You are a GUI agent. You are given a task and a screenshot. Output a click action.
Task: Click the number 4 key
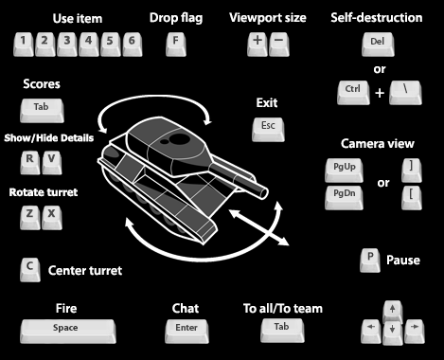click(89, 45)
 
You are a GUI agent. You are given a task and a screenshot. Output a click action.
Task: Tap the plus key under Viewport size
click(258, 45)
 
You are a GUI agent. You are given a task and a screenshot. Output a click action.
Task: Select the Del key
click(378, 45)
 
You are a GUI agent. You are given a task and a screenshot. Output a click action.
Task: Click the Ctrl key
click(353, 93)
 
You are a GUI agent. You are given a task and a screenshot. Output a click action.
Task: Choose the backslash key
click(405, 93)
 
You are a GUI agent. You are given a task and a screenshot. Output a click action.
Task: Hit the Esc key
click(268, 130)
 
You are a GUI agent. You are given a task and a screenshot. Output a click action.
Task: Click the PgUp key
click(344, 171)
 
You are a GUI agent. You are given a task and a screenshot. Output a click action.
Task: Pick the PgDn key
click(344, 198)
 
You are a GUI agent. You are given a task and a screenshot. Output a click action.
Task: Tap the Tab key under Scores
click(42, 111)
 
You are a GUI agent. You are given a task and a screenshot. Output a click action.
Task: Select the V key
click(52, 163)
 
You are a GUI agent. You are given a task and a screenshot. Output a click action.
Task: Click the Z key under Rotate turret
click(30, 217)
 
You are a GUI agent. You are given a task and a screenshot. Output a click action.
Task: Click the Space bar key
click(68, 332)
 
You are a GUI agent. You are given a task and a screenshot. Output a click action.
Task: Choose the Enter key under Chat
click(186, 332)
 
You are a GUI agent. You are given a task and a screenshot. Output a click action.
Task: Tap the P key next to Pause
click(370, 261)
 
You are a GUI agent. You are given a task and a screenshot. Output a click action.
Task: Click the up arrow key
click(393, 312)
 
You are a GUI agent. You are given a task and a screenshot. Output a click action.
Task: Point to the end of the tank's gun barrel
click(263, 192)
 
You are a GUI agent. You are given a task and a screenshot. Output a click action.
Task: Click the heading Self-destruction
click(377, 18)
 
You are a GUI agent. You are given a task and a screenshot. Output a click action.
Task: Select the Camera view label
click(378, 144)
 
